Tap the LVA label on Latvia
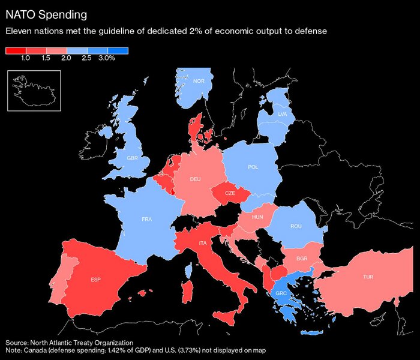pyautogui.click(x=283, y=113)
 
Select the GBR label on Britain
pyautogui.click(x=133, y=158)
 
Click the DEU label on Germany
pyautogui.click(x=195, y=179)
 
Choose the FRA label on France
pyautogui.click(x=147, y=220)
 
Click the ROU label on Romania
pyautogui.click(x=296, y=226)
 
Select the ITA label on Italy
pyautogui.click(x=203, y=242)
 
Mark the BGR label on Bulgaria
pyautogui.click(x=302, y=258)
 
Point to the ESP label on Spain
pyautogui.click(x=95, y=280)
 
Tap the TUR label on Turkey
pyautogui.click(x=368, y=277)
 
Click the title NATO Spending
pyautogui.click(x=46, y=13)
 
